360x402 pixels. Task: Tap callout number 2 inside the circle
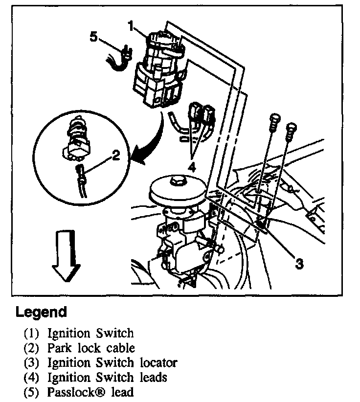[115, 156]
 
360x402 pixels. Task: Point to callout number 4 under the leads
[192, 167]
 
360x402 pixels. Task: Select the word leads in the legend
[152, 377]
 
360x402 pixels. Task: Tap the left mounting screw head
[274, 119]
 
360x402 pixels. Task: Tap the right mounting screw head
[292, 128]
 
